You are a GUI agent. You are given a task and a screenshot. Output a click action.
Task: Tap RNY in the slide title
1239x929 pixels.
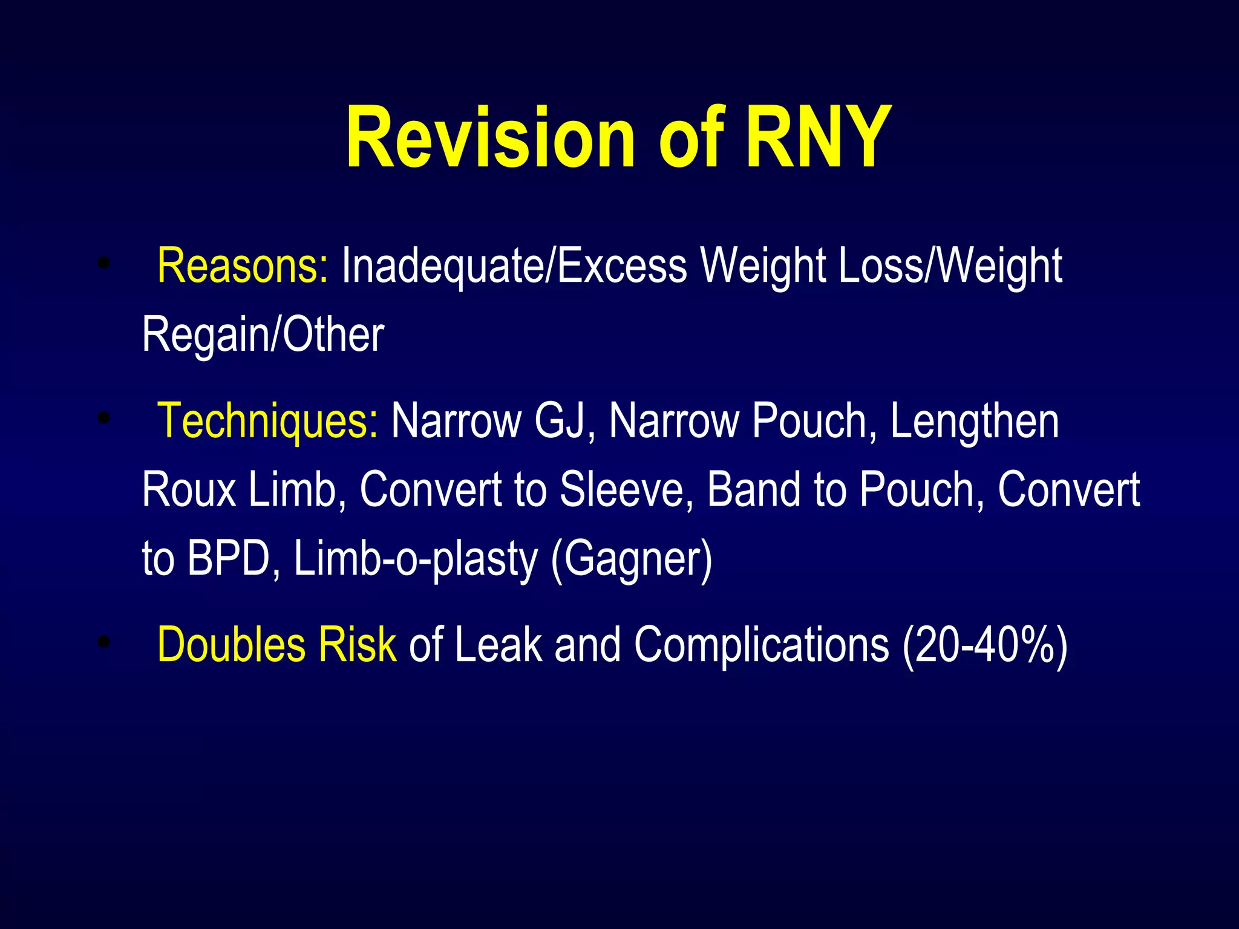pos(819,137)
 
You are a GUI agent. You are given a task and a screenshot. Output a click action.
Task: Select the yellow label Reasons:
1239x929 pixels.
pos(243,266)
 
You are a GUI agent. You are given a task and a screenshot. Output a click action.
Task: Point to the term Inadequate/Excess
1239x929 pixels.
pos(514,266)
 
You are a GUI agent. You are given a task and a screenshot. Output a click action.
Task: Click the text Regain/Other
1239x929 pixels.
pos(263,334)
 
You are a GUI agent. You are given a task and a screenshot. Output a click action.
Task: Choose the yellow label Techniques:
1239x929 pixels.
pos(268,420)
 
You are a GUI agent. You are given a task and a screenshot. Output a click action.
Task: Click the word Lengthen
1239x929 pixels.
pos(975,420)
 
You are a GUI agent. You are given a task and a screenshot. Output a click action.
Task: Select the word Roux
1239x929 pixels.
pos(189,489)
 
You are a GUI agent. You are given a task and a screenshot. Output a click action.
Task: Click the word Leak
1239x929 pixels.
pos(497,645)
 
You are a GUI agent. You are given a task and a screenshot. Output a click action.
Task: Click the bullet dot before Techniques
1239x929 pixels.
pos(105,417)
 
